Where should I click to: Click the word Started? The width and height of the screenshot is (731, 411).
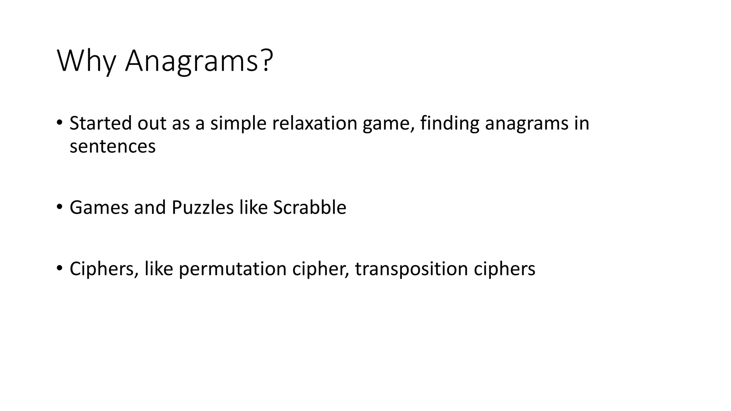[100, 123]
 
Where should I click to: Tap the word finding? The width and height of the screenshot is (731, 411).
[450, 124]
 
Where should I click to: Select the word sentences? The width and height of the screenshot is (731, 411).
[112, 146]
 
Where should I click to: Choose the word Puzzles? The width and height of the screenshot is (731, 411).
[202, 208]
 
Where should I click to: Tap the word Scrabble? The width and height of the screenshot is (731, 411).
[309, 208]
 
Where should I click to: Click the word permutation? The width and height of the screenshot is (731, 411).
[232, 269]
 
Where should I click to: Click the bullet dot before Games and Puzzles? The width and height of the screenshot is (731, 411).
[59, 207]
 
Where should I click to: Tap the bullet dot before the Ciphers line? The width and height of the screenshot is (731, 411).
[59, 268]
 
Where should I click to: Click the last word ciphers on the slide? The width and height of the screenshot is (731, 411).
[504, 269]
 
